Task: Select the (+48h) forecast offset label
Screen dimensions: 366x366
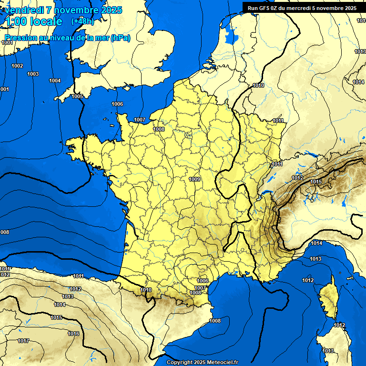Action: tap(82, 21)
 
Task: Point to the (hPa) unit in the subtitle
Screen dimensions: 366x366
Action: tap(121, 38)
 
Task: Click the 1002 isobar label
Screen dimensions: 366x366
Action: tap(17, 66)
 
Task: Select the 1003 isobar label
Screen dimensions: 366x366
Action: tap(33, 74)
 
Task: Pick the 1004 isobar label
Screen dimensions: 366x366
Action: tap(55, 81)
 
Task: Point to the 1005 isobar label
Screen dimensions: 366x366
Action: tap(77, 96)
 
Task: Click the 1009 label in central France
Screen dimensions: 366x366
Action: tap(194, 179)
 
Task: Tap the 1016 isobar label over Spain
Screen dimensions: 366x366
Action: tap(73, 334)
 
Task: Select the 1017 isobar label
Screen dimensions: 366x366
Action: tap(23, 341)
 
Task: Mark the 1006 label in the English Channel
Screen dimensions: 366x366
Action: tap(117, 104)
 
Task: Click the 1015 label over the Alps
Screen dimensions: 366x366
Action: tap(316, 182)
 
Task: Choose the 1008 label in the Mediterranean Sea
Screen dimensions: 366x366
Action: tap(215, 321)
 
